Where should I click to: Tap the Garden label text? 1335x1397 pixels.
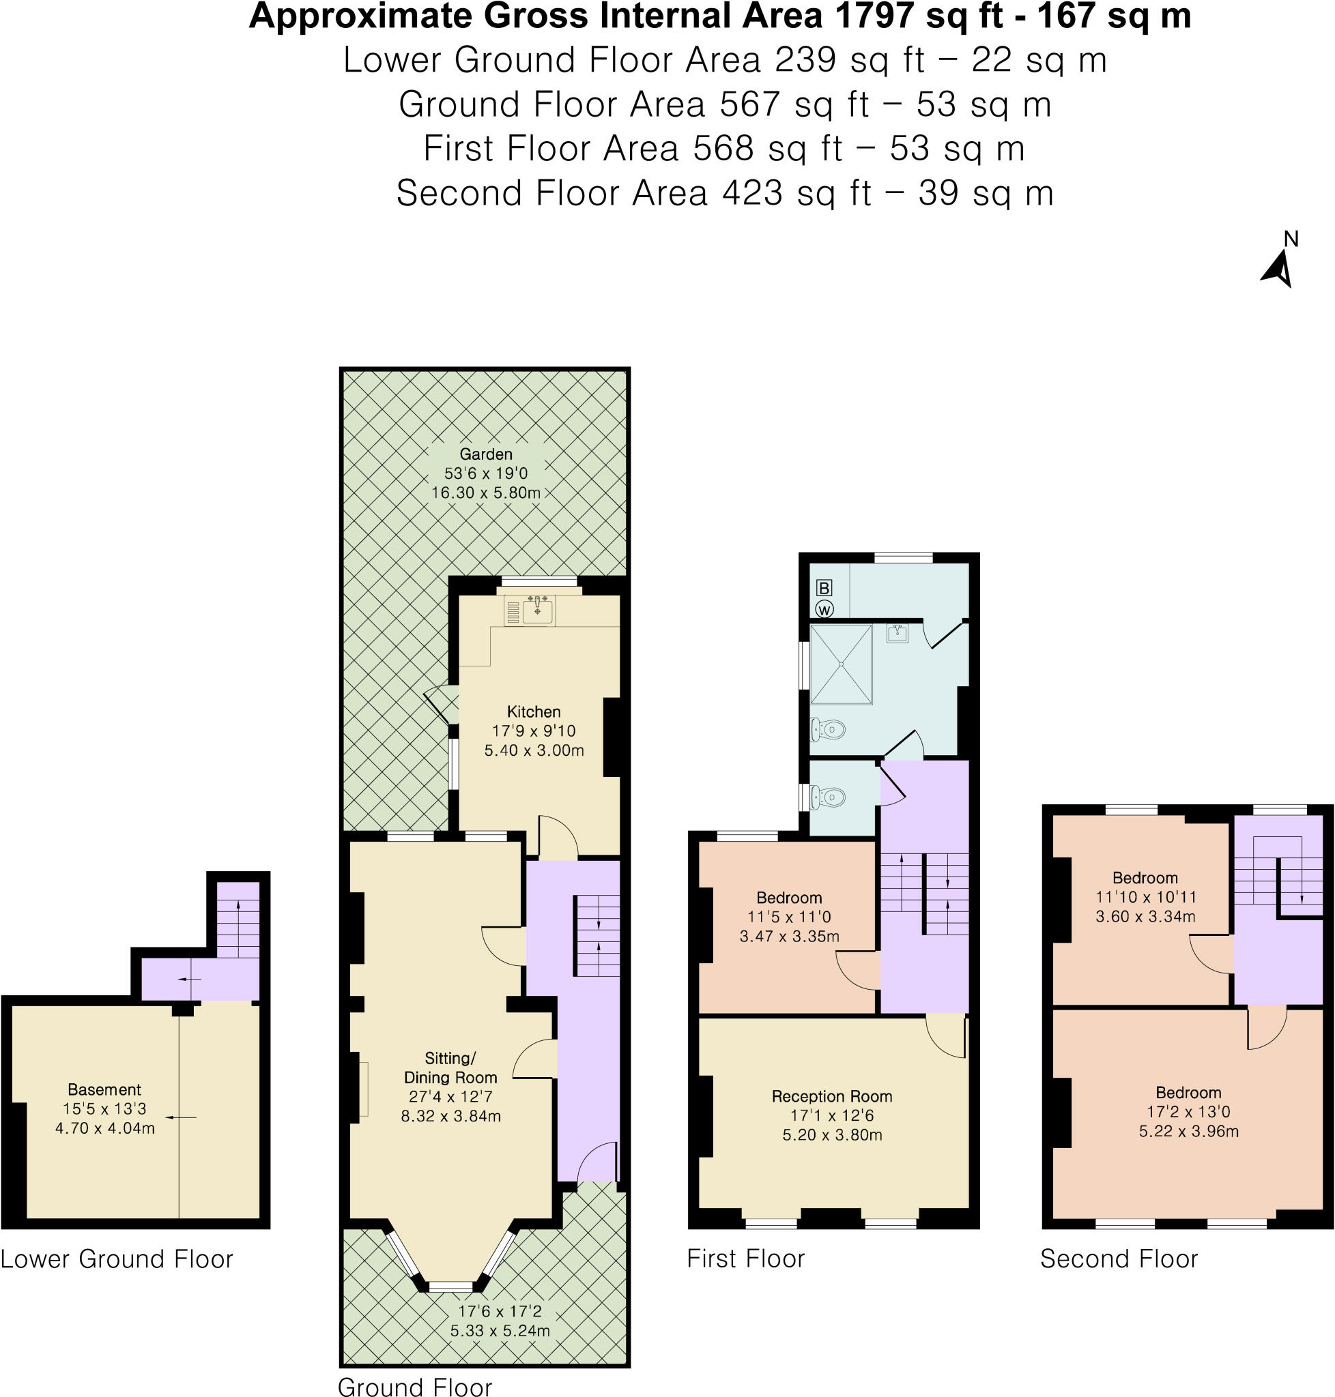[485, 454]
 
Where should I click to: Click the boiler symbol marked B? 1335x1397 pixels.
[824, 587]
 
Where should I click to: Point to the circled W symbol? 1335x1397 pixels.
[824, 610]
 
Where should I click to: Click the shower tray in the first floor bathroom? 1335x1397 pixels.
[841, 664]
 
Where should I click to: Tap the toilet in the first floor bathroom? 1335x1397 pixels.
[829, 729]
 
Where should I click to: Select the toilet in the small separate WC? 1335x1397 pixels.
[827, 797]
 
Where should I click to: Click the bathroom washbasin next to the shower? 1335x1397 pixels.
[898, 632]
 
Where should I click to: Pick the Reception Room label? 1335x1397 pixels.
[832, 1096]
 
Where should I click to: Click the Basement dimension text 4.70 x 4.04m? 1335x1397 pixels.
[104, 1128]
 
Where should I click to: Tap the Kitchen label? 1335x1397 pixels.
[534, 711]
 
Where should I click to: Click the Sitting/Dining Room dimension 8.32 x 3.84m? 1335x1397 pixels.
[450, 1116]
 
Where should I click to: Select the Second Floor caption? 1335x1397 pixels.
[1119, 1259]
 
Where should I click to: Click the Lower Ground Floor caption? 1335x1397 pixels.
[117, 1259]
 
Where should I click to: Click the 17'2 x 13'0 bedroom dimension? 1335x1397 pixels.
[1188, 1111]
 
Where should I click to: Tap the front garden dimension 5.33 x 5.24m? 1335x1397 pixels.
[500, 1330]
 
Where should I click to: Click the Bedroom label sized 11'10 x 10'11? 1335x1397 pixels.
[1145, 878]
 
